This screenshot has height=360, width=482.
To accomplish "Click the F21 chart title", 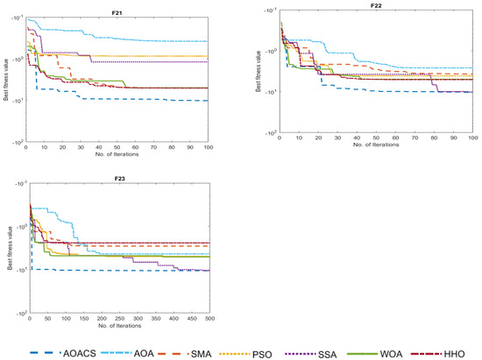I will click(117, 13).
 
